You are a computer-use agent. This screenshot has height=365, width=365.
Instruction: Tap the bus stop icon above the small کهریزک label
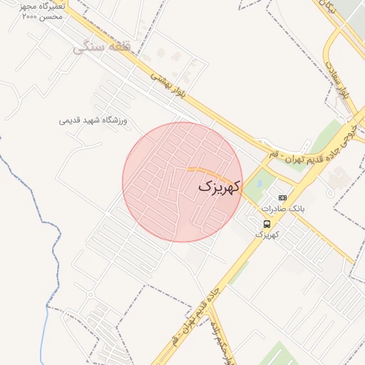pyautogui.click(x=267, y=225)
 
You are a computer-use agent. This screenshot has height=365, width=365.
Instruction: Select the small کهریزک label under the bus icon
pyautogui.click(x=267, y=235)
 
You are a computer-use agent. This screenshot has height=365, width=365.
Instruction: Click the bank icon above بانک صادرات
pyautogui.click(x=283, y=197)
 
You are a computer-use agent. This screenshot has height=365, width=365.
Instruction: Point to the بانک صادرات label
pyautogui.click(x=283, y=209)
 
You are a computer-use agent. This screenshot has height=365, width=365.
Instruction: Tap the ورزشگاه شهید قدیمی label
pyautogui.click(x=93, y=120)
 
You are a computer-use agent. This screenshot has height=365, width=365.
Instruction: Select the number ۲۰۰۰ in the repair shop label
pyautogui.click(x=31, y=16)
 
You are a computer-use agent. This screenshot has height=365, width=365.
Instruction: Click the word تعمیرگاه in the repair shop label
pyautogui.click(x=51, y=6)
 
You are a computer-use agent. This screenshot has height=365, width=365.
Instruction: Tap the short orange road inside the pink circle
pyautogui.click(x=207, y=171)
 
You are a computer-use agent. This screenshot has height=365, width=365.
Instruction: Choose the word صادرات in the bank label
pyautogui.click(x=274, y=209)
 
